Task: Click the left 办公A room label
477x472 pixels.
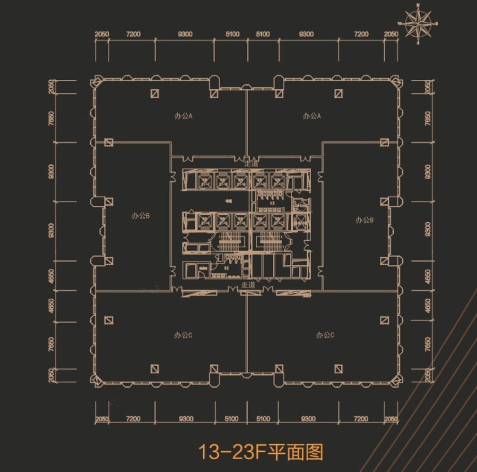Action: pyautogui.click(x=184, y=116)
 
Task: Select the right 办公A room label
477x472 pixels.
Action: pyautogui.click(x=312, y=116)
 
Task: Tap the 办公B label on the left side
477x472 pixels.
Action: pyautogui.click(x=140, y=216)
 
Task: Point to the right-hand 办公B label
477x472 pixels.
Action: pyautogui.click(x=364, y=220)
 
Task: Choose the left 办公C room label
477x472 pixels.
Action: pyautogui.click(x=183, y=335)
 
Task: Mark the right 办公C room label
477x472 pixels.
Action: pyautogui.click(x=325, y=335)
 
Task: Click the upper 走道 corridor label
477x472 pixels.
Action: pyautogui.click(x=252, y=163)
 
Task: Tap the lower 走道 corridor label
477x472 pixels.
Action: pyautogui.click(x=248, y=285)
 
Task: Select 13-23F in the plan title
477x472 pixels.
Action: pyautogui.click(x=230, y=452)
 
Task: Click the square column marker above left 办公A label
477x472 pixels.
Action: pyautogui.click(x=155, y=93)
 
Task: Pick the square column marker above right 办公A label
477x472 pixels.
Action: pyautogui.click(x=338, y=93)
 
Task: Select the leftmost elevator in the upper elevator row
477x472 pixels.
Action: pyautogui.click(x=205, y=181)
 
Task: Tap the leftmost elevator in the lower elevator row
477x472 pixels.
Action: pyautogui.click(x=205, y=220)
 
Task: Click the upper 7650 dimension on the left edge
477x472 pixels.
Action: pyautogui.click(x=51, y=118)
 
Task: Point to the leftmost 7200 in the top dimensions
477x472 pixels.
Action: pyautogui.click(x=133, y=34)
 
